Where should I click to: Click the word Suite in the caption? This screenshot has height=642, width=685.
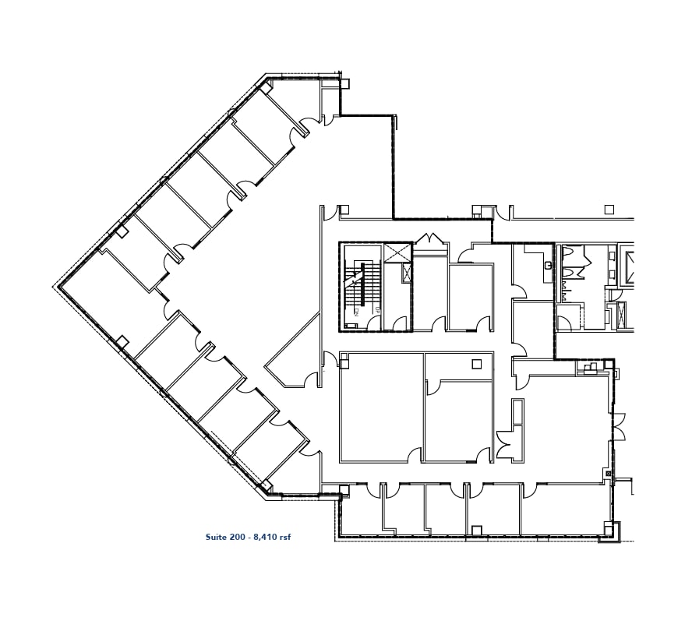(216, 537)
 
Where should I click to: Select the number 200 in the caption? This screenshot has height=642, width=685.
(236, 537)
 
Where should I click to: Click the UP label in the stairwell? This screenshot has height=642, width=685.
(378, 310)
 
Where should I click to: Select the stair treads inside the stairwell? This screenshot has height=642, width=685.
(369, 284)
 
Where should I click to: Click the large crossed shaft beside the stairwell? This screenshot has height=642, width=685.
(397, 252)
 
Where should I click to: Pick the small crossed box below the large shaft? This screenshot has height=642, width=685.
(407, 273)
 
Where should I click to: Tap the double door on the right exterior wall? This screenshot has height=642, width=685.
(618, 428)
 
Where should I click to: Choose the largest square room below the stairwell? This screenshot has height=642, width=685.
(381, 407)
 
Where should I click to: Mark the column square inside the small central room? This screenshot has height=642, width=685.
(477, 364)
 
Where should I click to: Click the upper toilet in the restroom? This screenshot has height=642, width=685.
(569, 252)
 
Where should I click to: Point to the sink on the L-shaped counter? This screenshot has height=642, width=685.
(548, 265)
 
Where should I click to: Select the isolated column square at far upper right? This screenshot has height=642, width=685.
(609, 210)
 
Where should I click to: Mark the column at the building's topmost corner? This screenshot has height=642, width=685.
(266, 88)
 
